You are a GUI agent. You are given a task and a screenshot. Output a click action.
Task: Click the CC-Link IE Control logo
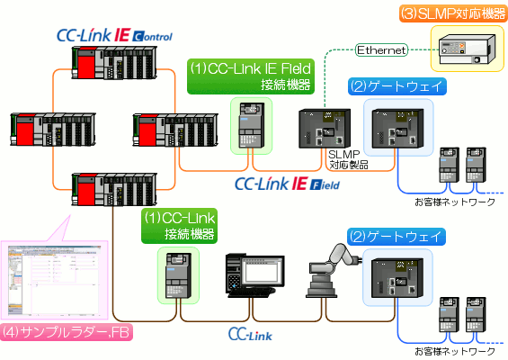tap(112, 36)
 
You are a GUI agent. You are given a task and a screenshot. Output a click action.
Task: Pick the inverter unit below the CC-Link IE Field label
tap(248, 126)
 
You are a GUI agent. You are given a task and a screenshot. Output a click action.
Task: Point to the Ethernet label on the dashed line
tap(382, 49)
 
